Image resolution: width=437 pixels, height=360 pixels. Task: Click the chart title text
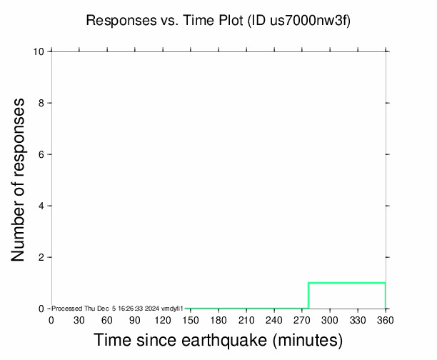point(218,21)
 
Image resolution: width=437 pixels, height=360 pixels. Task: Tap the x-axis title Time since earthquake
point(218,340)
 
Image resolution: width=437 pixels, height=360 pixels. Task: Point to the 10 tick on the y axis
point(40,52)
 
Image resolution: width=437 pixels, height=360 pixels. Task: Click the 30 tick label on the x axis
point(79,320)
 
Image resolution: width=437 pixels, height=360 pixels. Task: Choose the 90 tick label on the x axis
point(134,320)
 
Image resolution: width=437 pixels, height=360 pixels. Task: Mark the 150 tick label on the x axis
point(190,320)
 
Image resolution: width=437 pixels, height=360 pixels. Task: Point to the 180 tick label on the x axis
point(218,320)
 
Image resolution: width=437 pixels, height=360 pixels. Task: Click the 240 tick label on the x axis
point(274,320)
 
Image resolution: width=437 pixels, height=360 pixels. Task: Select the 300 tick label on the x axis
point(330,320)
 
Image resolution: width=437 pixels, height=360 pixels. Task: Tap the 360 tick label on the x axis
point(386,320)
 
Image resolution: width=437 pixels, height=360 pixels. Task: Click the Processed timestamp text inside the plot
point(118,308)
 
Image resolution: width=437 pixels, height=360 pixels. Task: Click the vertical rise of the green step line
point(308,296)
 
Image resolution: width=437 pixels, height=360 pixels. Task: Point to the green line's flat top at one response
point(347,283)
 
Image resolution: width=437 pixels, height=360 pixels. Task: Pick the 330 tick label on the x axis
point(358,320)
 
